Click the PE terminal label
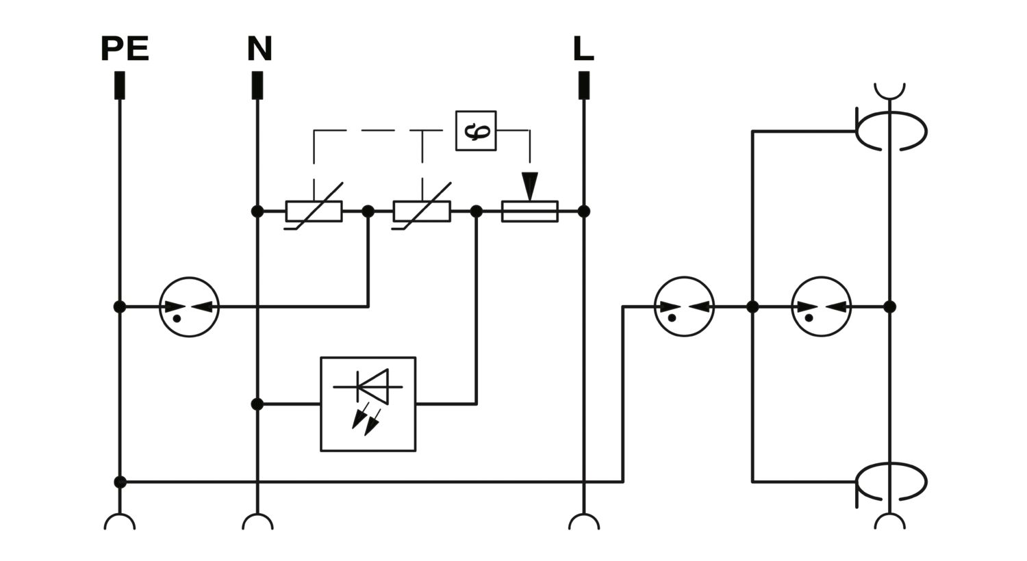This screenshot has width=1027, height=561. click(x=125, y=49)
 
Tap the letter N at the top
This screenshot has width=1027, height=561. click(x=259, y=49)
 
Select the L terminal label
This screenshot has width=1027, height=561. click(x=583, y=49)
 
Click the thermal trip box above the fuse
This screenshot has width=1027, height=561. click(x=476, y=131)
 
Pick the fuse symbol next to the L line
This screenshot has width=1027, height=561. click(x=529, y=211)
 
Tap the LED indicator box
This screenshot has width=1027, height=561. click(x=368, y=404)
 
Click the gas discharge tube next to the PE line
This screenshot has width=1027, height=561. click(x=190, y=306)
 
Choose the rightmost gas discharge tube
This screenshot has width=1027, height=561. click(x=822, y=306)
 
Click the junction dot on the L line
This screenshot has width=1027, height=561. click(x=583, y=211)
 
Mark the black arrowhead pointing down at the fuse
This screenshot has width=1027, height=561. click(x=529, y=186)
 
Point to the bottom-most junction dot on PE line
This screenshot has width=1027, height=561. click(x=120, y=482)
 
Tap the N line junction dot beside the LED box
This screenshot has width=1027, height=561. click(x=257, y=404)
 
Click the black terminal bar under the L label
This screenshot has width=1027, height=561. click(x=583, y=86)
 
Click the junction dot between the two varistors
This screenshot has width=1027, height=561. click(x=368, y=211)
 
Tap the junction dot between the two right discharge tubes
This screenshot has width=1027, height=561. click(x=752, y=306)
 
